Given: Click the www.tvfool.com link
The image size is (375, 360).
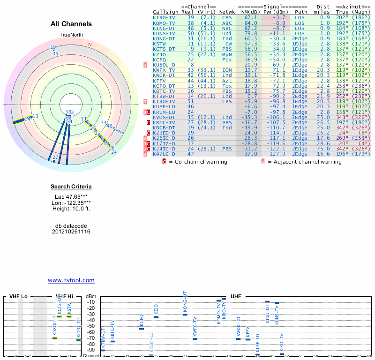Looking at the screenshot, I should point(71,280).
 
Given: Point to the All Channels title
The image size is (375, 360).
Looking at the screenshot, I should point(71,24).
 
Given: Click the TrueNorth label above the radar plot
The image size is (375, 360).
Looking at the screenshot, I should point(71,35).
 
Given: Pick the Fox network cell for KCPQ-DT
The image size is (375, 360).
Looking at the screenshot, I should point(227,86).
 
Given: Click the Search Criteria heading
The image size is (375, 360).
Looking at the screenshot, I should point(71,187).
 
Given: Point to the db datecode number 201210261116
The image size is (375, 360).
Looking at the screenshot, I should point(71,232).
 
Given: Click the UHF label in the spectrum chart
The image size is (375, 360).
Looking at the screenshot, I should point(235,297).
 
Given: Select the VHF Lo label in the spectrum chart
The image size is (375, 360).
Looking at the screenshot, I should point(18,297).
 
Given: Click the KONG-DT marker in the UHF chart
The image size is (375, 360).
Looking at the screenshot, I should point(185,315).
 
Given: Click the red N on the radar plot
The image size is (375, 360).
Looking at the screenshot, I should point(90,45).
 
